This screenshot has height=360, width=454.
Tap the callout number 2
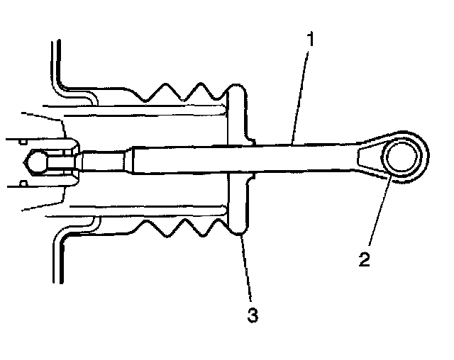[364, 258]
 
